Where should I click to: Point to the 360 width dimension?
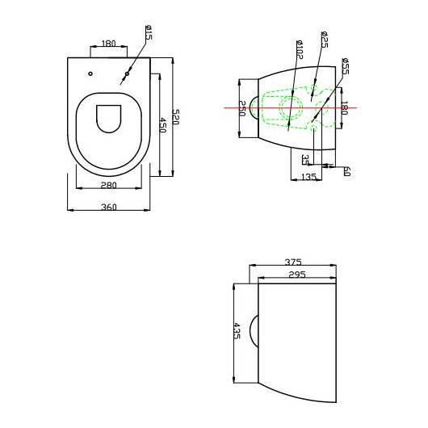[109, 207]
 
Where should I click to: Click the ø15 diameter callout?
[149, 36]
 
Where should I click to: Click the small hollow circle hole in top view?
[90, 74]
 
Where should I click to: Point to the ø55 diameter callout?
[345, 68]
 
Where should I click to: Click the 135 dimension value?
[308, 178]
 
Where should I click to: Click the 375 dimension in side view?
[293, 262]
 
